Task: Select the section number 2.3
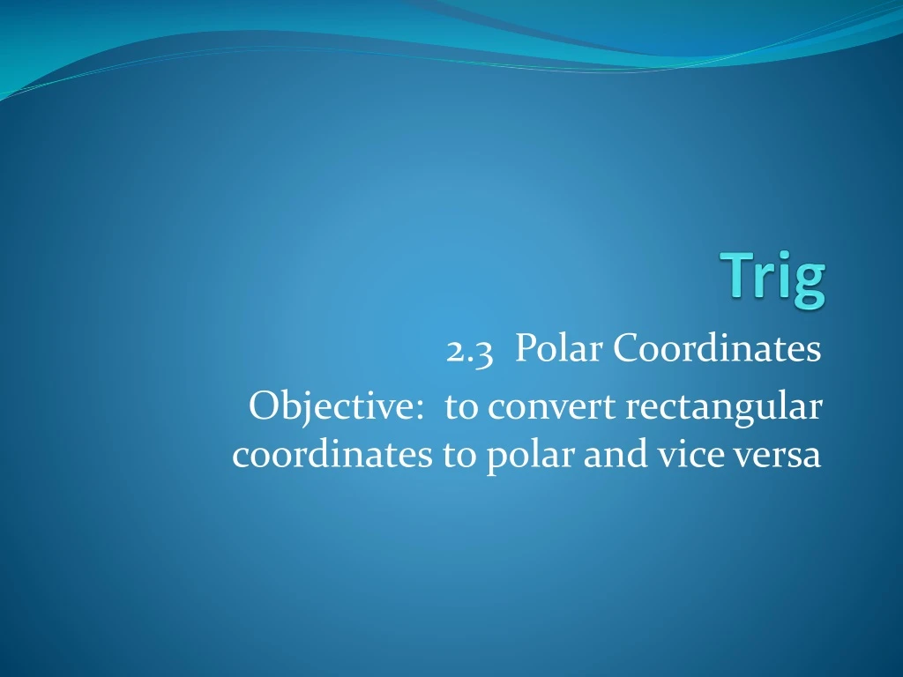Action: (468, 351)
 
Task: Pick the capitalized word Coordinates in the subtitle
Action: (717, 350)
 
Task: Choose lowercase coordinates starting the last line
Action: (332, 456)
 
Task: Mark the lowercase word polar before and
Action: (521, 457)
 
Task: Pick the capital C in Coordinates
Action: (625, 350)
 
